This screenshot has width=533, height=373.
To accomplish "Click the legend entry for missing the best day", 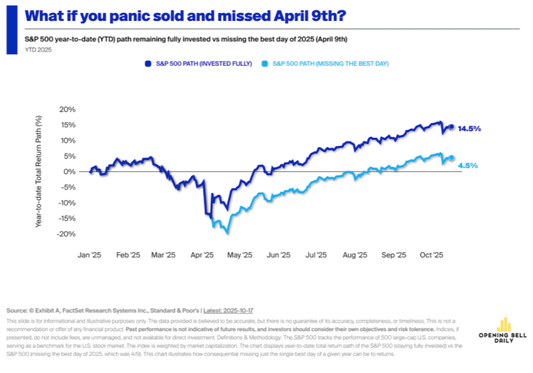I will click(x=330, y=63).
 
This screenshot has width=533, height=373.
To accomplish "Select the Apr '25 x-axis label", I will click(x=201, y=255).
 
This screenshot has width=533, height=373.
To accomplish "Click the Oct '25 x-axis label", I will click(x=431, y=255).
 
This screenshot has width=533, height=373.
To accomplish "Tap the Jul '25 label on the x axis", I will click(x=316, y=255).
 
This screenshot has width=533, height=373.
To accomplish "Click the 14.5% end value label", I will click(x=469, y=129).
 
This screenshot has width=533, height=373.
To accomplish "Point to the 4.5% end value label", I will click(x=468, y=165).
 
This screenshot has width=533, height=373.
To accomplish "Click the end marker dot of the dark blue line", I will click(x=451, y=127).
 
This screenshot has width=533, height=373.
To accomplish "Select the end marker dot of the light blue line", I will click(x=451, y=158).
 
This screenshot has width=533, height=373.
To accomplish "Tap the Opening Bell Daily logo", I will click(x=503, y=332).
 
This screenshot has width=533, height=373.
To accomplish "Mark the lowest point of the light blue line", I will click(x=228, y=233).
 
